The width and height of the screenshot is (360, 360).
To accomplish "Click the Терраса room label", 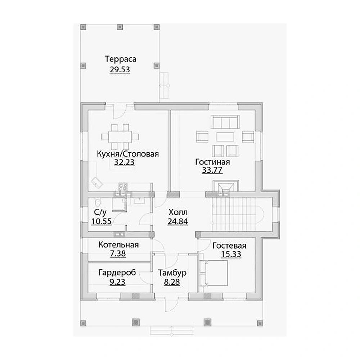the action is coord(121,59).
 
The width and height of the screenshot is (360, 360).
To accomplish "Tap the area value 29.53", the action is coord(120,69).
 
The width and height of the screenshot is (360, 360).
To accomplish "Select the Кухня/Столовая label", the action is coord(128,154).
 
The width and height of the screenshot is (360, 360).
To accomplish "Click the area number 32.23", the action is coord(124,162).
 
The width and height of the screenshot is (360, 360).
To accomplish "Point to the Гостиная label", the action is coord(212,162).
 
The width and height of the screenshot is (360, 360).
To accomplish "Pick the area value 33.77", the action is coord(212,170).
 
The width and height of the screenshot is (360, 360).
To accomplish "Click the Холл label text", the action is coord(178,212).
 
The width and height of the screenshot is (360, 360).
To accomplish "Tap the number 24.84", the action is coord(178,221).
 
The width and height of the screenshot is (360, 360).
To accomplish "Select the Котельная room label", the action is coord(118,245).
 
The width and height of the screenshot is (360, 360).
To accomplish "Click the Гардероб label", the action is coord(117,273).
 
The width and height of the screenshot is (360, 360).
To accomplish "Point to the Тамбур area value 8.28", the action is coord(172,282).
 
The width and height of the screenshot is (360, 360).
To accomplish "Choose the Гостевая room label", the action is coord(229,246).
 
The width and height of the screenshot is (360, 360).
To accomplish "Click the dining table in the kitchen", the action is coord(120,137).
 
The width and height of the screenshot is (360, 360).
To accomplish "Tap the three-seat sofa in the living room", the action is coord(225,122).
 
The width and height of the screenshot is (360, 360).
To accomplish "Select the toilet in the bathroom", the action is coord(98,202).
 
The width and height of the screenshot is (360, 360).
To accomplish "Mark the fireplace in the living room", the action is coord(226,186).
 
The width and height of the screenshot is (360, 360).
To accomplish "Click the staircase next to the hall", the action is coord(238,214).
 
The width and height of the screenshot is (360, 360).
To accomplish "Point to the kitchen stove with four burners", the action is coord(123,186).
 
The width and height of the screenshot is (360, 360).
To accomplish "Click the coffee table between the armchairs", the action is coord(225,137).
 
